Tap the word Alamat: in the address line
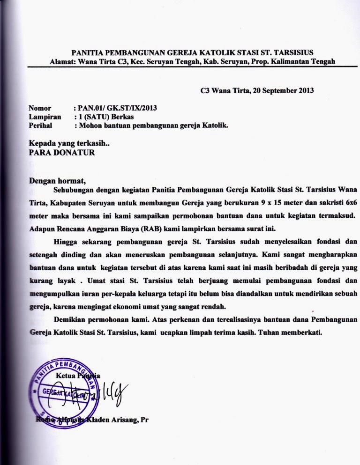tap(62, 61)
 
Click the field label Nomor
tap(40, 108)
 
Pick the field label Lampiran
tap(45, 117)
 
